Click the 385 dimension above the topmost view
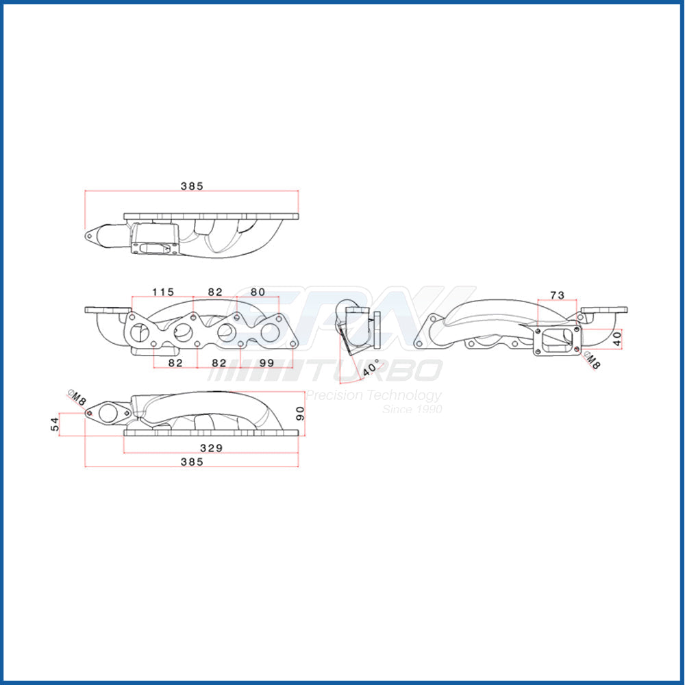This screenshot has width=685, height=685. [192, 186]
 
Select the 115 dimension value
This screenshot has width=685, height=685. [163, 292]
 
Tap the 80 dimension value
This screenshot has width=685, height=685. [258, 292]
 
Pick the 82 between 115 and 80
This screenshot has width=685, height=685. [215, 292]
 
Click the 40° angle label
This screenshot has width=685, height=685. [372, 369]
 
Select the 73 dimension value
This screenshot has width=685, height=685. [557, 295]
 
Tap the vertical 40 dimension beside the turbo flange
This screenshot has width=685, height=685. [617, 338]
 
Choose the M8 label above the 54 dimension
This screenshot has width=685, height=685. [77, 397]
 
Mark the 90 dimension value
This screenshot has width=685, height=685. [299, 414]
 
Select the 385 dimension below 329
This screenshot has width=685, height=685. [192, 462]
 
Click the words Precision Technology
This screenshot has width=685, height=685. [373, 395]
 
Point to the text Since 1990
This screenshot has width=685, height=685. [412, 410]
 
